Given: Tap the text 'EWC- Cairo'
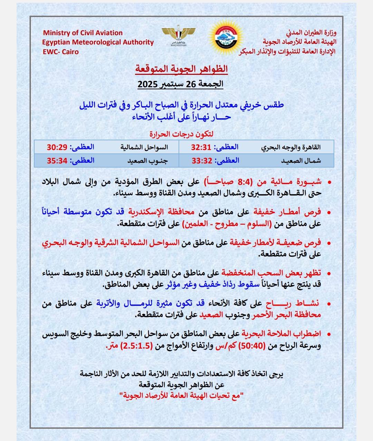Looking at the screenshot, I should tap(61, 52).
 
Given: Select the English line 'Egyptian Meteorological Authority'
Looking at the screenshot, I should tap(98, 42).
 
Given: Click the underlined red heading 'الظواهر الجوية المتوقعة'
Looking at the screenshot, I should tap(182, 68).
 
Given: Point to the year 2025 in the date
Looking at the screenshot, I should tap(148, 84).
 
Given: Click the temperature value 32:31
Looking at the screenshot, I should tap(201, 147).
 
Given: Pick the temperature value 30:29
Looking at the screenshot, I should tap(57, 147).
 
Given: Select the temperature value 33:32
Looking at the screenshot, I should tap(202, 160).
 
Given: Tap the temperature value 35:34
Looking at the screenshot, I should tap(57, 160).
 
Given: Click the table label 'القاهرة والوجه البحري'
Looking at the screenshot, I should tap(290, 147).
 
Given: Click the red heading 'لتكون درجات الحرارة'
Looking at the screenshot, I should tap(184, 134).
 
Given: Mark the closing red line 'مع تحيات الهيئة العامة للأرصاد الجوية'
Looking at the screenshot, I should tap(181, 395).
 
